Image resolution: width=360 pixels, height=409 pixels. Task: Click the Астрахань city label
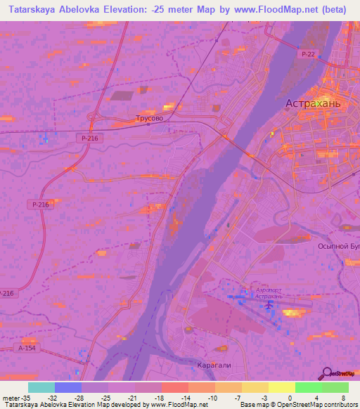313,103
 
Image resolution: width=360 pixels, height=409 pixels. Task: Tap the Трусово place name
149,119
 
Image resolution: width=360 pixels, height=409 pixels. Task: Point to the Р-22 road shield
307,54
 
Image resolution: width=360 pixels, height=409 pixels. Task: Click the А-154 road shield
27,347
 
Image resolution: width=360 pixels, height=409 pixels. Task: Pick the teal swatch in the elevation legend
41,387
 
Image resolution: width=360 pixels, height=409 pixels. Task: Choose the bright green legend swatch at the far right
335,387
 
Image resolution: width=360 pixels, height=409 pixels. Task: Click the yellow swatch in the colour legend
282,387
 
